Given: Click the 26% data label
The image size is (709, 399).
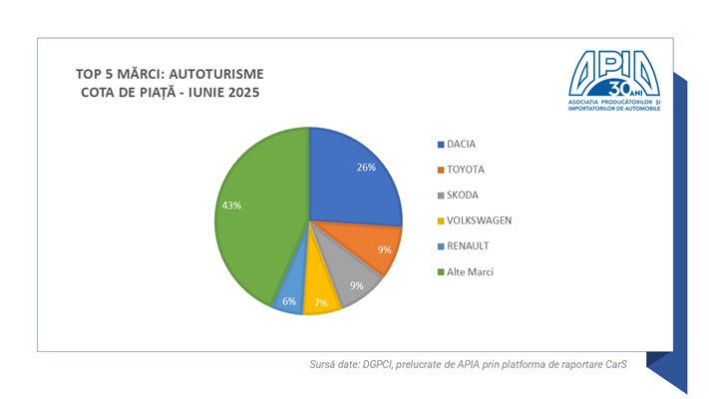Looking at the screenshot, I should click(365, 168).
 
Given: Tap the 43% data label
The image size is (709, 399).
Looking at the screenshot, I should click(230, 205).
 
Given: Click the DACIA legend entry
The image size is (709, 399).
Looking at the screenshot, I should click(462, 144).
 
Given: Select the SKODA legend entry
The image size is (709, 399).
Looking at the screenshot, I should click(462, 195).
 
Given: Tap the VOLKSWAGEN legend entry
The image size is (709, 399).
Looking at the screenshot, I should click(477, 220).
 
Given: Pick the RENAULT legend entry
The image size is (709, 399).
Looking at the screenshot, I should click(467, 245).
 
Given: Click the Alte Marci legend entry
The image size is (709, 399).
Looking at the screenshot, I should click(469, 271).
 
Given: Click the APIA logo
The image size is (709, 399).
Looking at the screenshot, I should click(615, 80).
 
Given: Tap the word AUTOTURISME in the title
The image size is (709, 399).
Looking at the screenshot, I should click(220, 74).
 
